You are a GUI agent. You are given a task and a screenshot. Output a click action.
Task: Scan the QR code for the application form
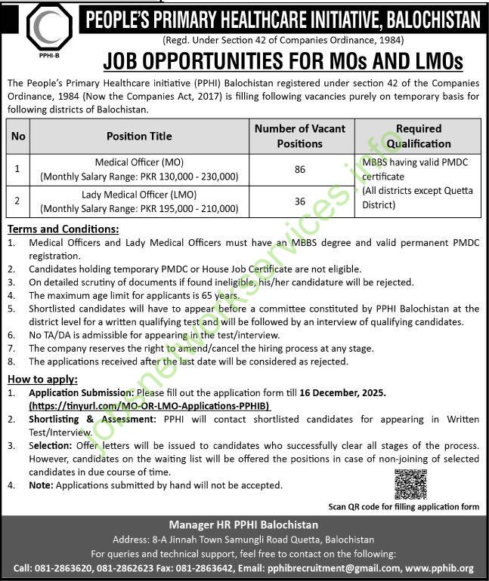pos(410,484)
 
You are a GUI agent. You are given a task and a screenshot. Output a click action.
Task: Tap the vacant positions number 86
pos(300,170)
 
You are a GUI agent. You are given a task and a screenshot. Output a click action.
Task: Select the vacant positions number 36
pos(300,201)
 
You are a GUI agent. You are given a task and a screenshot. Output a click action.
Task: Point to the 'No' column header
pos(18,137)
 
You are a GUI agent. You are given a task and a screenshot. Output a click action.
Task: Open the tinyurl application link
pos(150,406)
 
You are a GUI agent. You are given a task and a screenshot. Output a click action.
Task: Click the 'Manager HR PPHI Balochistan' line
pos(244,524)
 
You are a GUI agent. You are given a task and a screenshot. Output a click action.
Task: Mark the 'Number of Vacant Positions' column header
pos(300,136)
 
